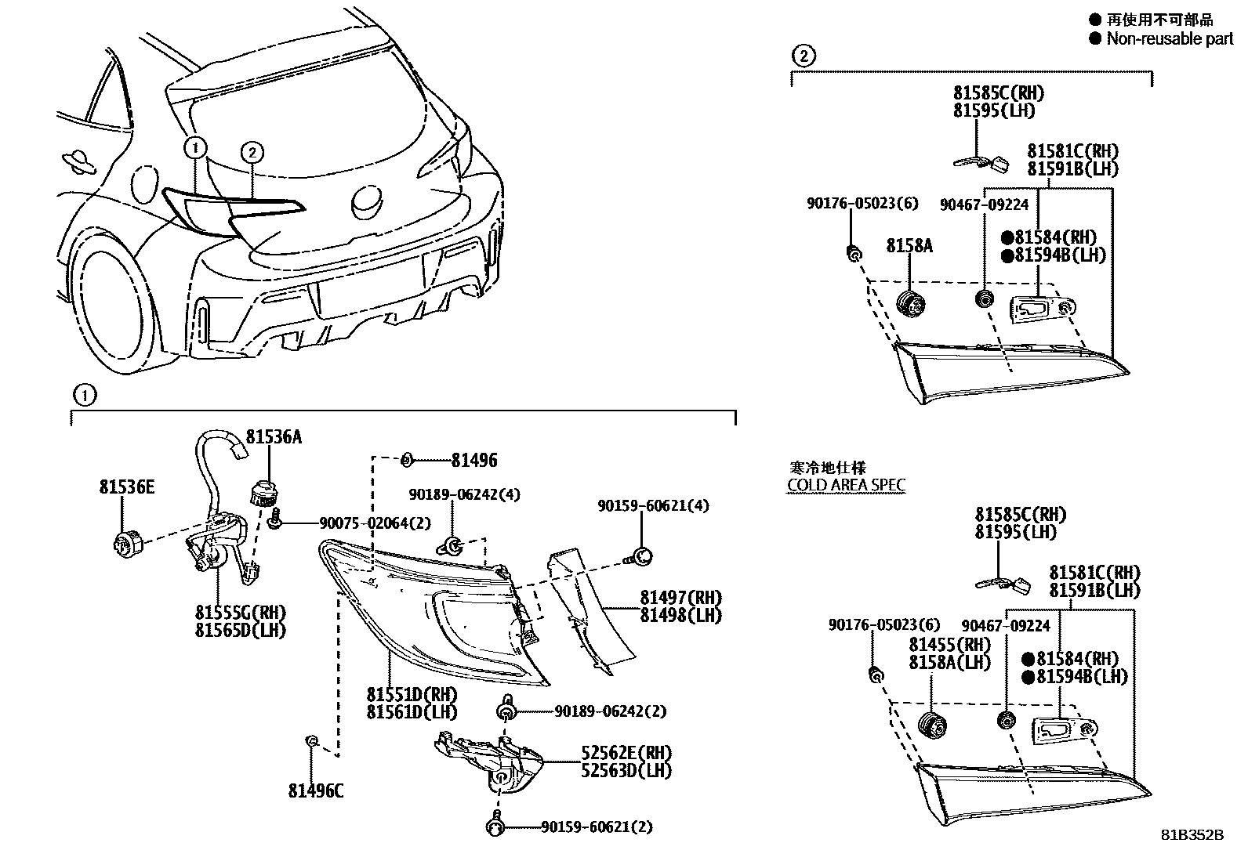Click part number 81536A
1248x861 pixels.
pyautogui.click(x=274, y=437)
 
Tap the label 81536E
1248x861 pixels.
pyautogui.click(x=126, y=487)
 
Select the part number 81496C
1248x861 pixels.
pyautogui.click(x=315, y=791)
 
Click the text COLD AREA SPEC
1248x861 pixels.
pyautogui.click(x=846, y=485)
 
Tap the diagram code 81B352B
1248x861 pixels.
pyautogui.click(x=1192, y=835)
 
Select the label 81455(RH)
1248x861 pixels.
pyautogui.click(x=949, y=645)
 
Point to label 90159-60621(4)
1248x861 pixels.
pyautogui.click(x=653, y=506)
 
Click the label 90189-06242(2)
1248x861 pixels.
pyautogui.click(x=610, y=711)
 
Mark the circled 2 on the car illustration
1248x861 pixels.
pyautogui.click(x=251, y=153)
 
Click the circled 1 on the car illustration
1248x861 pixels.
pyautogui.click(x=196, y=147)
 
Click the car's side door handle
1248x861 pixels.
pyautogui.click(x=78, y=161)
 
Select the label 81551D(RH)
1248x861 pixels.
pyautogui.click(x=412, y=694)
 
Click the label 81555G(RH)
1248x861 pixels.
pyautogui.click(x=241, y=613)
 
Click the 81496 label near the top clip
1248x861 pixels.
pyautogui.click(x=474, y=461)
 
